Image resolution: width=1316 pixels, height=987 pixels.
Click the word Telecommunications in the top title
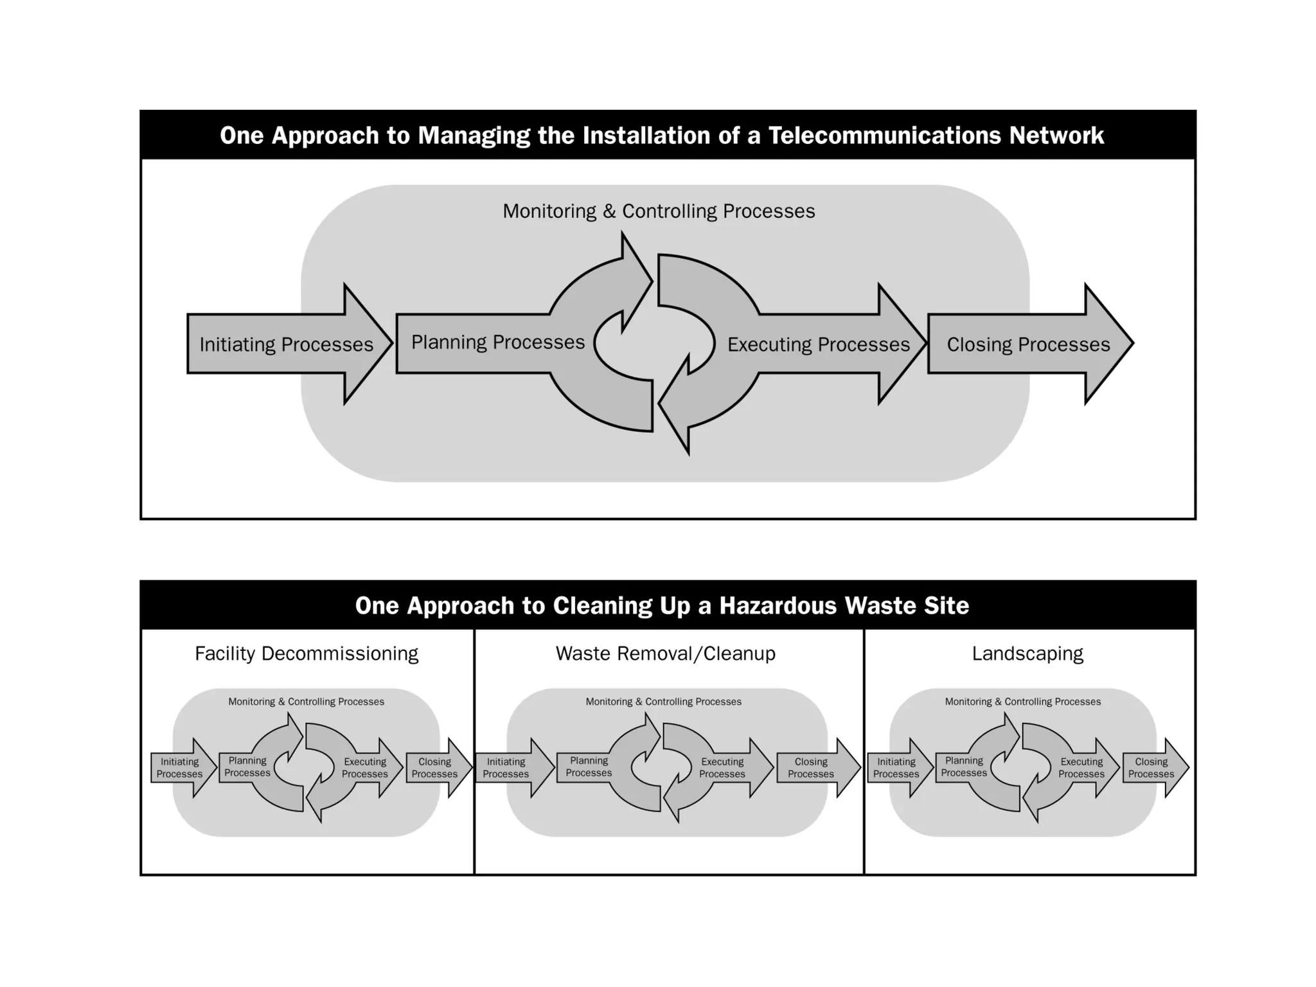pyautogui.click(x=884, y=136)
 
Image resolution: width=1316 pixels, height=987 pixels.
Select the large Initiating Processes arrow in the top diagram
pyautogui.click(x=287, y=344)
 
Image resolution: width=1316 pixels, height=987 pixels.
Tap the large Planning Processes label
pyautogui.click(x=498, y=342)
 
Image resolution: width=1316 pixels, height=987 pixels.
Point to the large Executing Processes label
pyautogui.click(x=819, y=344)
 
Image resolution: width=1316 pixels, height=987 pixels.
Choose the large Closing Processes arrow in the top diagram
pyautogui.click(x=1028, y=344)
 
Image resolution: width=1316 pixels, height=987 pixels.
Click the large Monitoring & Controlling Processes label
pyautogui.click(x=659, y=211)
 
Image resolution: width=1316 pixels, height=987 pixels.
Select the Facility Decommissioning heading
pyautogui.click(x=307, y=654)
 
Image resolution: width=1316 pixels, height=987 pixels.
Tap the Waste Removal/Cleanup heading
pyautogui.click(x=666, y=654)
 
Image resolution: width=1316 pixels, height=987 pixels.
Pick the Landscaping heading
pyautogui.click(x=1027, y=654)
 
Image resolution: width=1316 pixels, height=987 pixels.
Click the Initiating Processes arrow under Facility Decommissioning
pyautogui.click(x=181, y=768)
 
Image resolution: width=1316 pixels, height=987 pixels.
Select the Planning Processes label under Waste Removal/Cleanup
pyautogui.click(x=589, y=767)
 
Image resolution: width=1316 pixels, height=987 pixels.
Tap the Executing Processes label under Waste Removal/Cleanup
pyautogui.click(x=722, y=768)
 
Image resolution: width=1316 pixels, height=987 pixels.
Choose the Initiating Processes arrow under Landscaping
pyautogui.click(x=897, y=768)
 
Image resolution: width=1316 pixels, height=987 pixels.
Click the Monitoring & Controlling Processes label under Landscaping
pyautogui.click(x=1022, y=702)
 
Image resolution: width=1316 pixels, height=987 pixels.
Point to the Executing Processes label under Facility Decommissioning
pyautogui.click(x=365, y=768)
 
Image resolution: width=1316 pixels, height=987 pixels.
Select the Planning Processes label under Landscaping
pyautogui.click(x=964, y=767)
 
